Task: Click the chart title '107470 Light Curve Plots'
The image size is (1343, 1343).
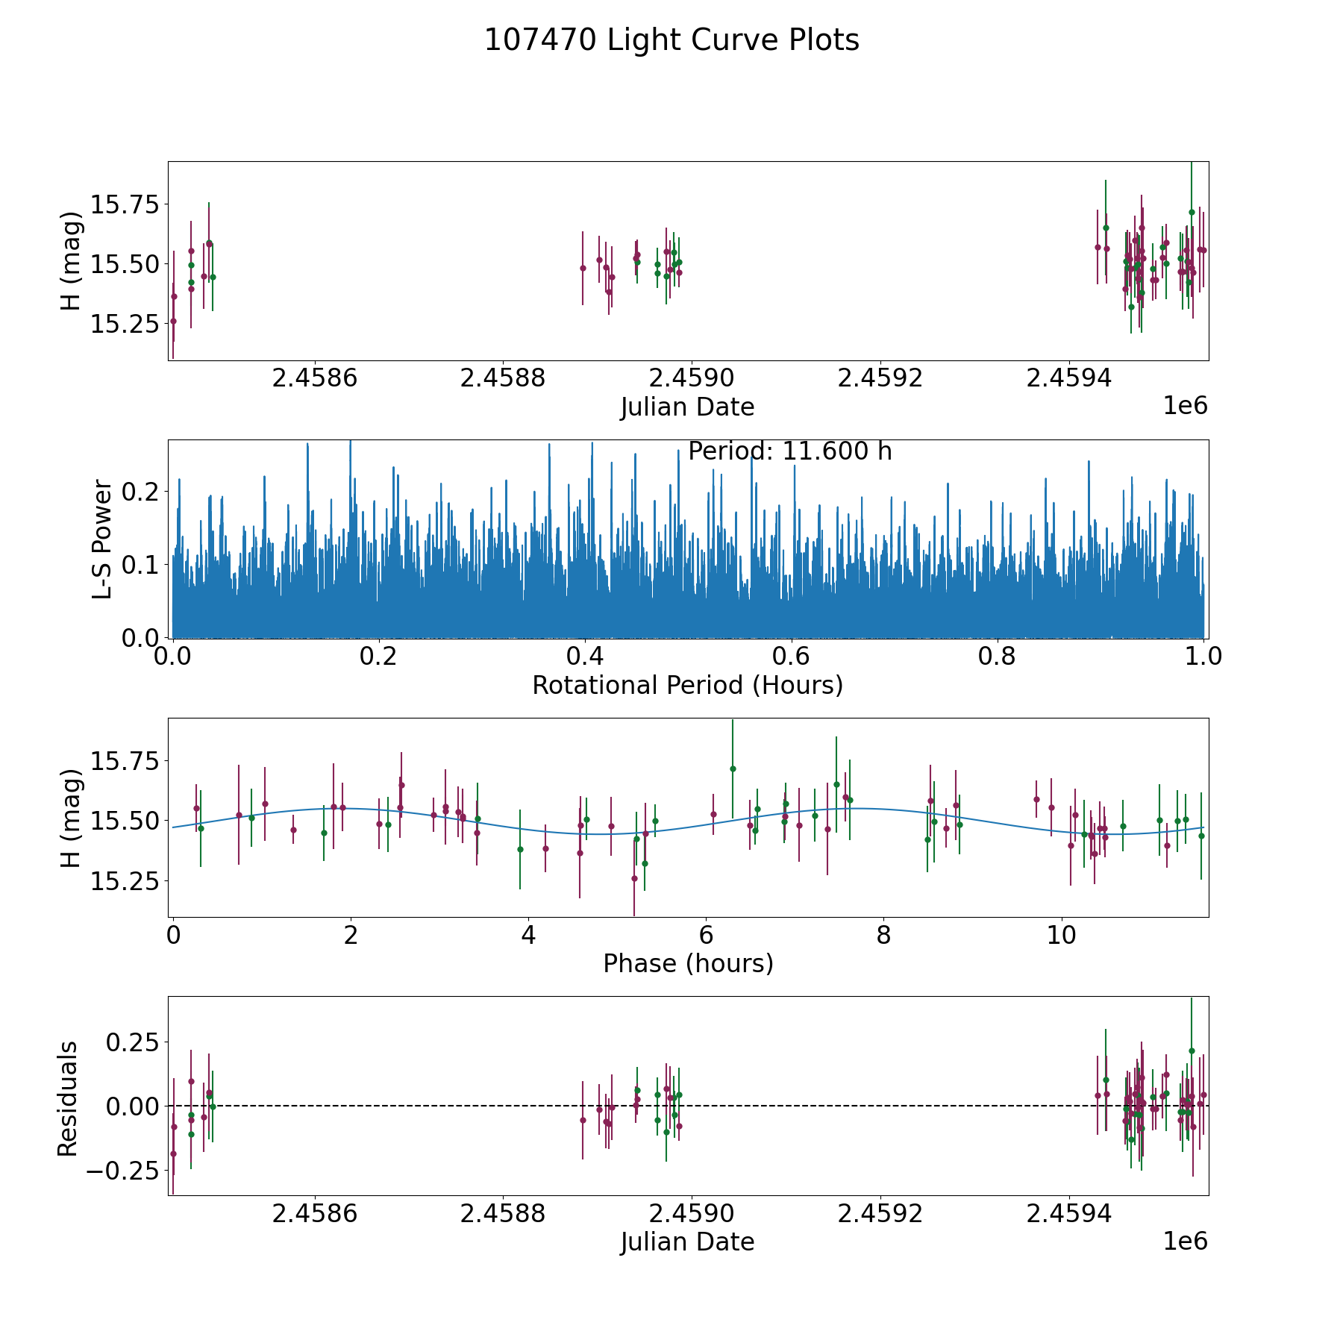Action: point(671,40)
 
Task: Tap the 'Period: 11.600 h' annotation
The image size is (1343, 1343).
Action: point(790,451)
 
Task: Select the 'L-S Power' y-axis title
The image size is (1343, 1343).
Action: point(103,539)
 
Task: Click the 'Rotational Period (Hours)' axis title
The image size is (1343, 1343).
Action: point(688,685)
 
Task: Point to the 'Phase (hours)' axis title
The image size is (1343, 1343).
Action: point(688,963)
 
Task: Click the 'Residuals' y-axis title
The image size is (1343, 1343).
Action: point(68,1098)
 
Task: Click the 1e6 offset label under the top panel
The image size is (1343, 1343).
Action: point(1186,405)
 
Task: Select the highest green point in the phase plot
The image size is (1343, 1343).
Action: point(733,768)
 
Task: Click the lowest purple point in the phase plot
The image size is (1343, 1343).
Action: point(634,878)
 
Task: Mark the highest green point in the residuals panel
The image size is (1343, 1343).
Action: point(1192,1051)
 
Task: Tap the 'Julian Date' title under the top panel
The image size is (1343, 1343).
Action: point(688,407)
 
